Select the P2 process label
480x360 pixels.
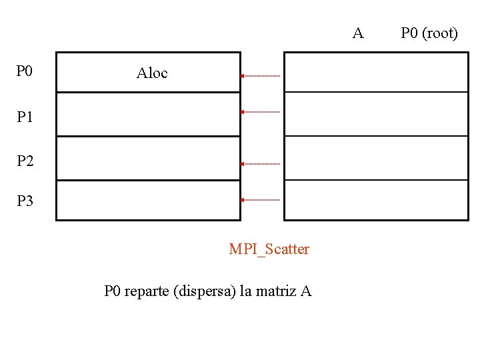click(x=25, y=161)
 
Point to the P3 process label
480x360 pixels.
click(x=25, y=201)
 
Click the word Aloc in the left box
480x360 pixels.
click(x=152, y=73)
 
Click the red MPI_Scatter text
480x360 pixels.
click(x=269, y=249)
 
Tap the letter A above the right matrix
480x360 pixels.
click(x=358, y=33)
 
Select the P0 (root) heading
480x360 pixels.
click(x=429, y=33)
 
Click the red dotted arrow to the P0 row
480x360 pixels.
click(x=261, y=76)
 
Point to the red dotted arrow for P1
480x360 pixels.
click(x=261, y=112)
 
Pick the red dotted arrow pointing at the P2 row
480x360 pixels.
click(x=261, y=163)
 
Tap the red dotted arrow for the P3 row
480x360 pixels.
click(x=261, y=199)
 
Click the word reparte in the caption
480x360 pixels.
click(x=147, y=291)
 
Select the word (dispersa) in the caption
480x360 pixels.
click(x=204, y=291)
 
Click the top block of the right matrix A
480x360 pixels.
click(x=376, y=72)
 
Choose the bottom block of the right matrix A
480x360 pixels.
click(x=376, y=200)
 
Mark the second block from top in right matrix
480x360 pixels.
click(x=376, y=114)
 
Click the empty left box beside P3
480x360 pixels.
click(x=148, y=200)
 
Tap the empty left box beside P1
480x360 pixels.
click(x=148, y=114)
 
